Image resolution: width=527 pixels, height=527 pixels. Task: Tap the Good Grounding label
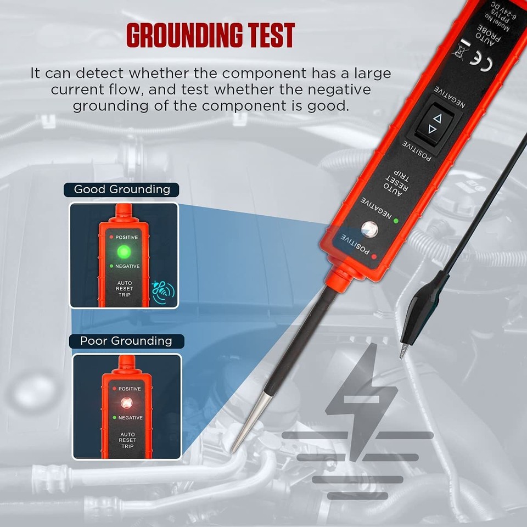point(122,190)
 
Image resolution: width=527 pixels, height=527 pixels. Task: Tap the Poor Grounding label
point(126,341)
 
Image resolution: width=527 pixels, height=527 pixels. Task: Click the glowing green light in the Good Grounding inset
point(124,252)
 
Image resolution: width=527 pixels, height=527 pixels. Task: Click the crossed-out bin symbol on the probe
point(459,47)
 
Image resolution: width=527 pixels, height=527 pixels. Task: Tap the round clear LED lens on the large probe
point(369,228)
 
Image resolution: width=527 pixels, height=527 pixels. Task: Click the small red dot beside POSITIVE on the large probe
point(374,256)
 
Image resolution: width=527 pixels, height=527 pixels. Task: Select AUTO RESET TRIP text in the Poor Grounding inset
point(127,440)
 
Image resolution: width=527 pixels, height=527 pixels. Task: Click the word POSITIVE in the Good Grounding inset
point(126,237)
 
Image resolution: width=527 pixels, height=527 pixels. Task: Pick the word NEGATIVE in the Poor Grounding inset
point(130,418)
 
